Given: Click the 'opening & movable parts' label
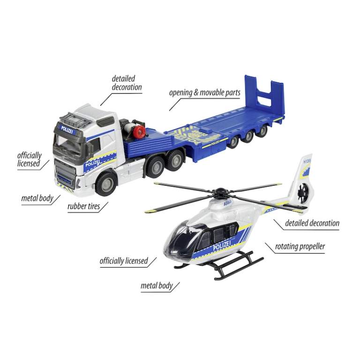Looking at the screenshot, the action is point(204,93).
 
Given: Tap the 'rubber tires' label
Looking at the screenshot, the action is point(84,206).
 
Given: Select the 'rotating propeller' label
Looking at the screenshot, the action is point(300,247).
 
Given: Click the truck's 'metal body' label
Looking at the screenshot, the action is point(37,198).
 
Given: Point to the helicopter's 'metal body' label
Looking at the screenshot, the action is point(157,285).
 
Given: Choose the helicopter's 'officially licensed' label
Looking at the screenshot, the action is point(124,261).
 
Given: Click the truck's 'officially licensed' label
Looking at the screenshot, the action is point(29,159).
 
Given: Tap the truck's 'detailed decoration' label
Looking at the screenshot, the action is point(127,83).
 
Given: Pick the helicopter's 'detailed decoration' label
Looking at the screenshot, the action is point(312,223).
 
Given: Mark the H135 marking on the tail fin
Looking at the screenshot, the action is point(307,161).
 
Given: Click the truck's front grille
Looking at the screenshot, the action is point(66,172).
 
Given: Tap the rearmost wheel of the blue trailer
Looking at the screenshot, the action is point(262,131).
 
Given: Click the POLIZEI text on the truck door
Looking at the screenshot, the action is point(92,165).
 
